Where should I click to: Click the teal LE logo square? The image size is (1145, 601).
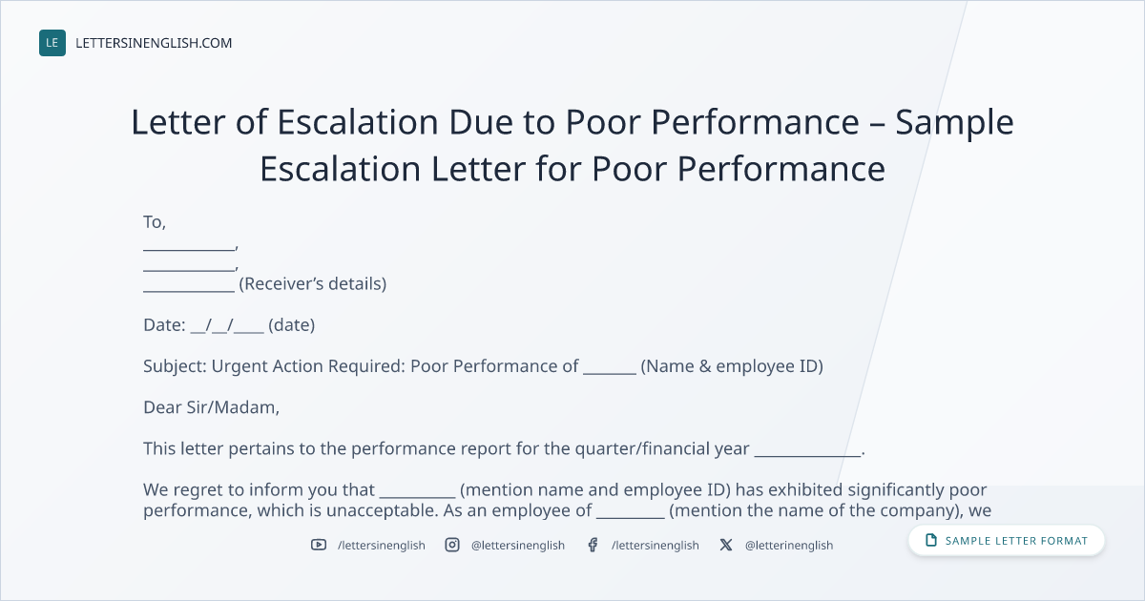[52, 43]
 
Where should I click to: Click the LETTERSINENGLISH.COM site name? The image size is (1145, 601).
[154, 43]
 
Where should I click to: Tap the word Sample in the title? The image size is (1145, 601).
[954, 123]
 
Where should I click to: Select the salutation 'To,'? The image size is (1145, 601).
[155, 222]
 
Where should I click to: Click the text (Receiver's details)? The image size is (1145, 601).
[313, 283]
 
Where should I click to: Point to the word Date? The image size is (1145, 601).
[164, 325]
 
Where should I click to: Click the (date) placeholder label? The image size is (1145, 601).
[291, 325]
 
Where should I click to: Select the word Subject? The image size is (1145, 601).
[175, 366]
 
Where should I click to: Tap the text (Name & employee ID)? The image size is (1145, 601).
[732, 366]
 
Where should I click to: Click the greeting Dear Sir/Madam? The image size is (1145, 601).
[211, 407]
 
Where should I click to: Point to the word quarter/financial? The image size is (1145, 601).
[662, 448]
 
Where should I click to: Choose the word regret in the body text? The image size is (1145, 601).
[198, 490]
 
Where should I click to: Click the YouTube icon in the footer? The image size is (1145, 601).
[319, 545]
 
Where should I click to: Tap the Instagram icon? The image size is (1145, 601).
[452, 545]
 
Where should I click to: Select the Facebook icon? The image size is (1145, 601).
[593, 545]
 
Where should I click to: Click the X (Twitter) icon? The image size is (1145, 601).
[726, 545]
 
